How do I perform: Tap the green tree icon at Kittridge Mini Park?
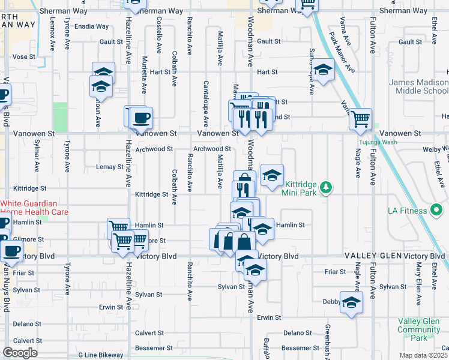click(x=326, y=188)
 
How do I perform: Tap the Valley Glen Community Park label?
click(x=418, y=329)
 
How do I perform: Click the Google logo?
click(x=20, y=353)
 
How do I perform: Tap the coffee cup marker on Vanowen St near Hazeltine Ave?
click(x=141, y=118)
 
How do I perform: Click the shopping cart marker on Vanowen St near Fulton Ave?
click(x=361, y=119)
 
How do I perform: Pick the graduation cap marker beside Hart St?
click(x=323, y=71)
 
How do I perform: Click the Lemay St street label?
click(x=110, y=167)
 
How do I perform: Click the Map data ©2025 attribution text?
click(x=423, y=355)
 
